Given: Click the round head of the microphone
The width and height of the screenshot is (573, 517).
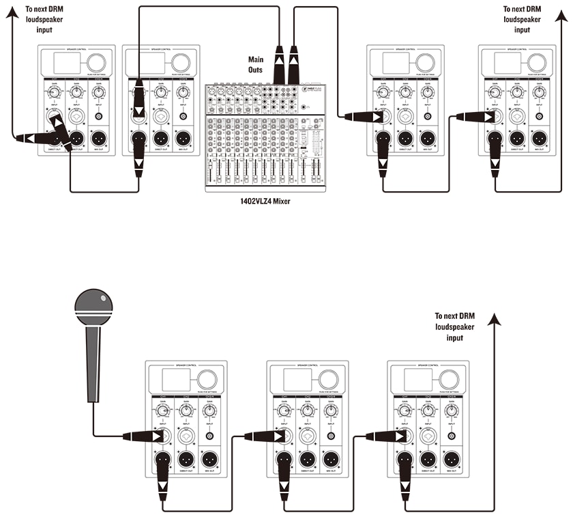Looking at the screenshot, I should pyautogui.click(x=93, y=306).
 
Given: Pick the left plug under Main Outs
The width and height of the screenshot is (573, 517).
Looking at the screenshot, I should pyautogui.click(x=280, y=66).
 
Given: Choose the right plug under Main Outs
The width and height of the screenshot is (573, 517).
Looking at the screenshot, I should pyautogui.click(x=294, y=66).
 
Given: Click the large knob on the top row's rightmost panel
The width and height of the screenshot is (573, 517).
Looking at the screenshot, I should pyautogui.click(x=535, y=62).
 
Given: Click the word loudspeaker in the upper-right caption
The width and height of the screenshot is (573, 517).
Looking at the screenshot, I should pyautogui.click(x=522, y=20).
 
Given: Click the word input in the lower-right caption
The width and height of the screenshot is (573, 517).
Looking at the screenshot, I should pyautogui.click(x=455, y=338).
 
